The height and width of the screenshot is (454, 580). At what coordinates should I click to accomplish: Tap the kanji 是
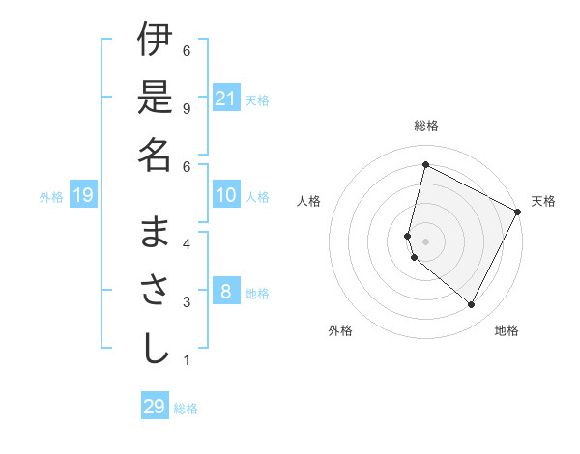[155, 97]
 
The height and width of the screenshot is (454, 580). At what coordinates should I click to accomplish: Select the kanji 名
[155, 154]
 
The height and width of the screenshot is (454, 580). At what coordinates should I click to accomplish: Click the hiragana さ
[155, 290]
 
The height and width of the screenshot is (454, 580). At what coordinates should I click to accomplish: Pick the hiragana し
[155, 348]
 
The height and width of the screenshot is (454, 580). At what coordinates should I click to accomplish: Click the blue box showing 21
[226, 98]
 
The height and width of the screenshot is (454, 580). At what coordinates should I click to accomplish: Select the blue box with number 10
[226, 195]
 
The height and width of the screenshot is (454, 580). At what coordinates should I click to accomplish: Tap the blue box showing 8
[226, 291]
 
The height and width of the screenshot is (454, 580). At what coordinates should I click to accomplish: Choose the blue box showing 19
[82, 196]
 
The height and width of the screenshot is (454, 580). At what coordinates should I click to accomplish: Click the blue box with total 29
[154, 406]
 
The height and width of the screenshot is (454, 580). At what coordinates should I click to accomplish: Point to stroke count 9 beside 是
[187, 107]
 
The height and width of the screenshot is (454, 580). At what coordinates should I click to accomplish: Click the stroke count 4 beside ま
[187, 243]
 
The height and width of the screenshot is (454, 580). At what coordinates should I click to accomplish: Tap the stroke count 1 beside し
[187, 360]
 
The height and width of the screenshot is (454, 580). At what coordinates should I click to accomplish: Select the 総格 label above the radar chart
[426, 126]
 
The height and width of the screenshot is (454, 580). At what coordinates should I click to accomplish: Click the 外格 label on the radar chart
[340, 330]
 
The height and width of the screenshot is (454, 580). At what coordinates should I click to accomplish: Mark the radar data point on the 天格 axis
[518, 213]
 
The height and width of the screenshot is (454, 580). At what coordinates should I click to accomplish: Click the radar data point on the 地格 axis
[472, 304]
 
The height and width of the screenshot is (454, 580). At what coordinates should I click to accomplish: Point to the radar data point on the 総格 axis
[425, 164]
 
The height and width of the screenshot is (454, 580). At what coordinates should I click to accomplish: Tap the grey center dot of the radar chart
[425, 241]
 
